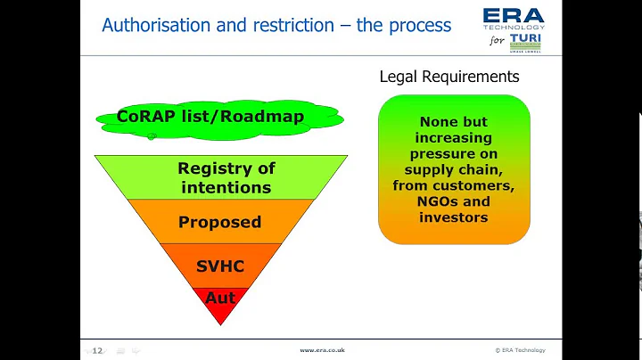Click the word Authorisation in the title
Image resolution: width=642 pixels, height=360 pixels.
(156, 24)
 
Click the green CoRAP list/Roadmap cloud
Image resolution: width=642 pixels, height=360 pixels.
(210, 117)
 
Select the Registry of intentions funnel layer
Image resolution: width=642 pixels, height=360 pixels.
(226, 177)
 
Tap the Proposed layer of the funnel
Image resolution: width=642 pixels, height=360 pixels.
(219, 221)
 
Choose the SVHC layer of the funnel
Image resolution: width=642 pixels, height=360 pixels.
(219, 266)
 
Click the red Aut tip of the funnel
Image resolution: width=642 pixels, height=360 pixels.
(219, 298)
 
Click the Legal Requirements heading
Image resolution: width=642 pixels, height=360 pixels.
(449, 77)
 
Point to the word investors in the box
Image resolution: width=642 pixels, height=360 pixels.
(454, 217)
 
